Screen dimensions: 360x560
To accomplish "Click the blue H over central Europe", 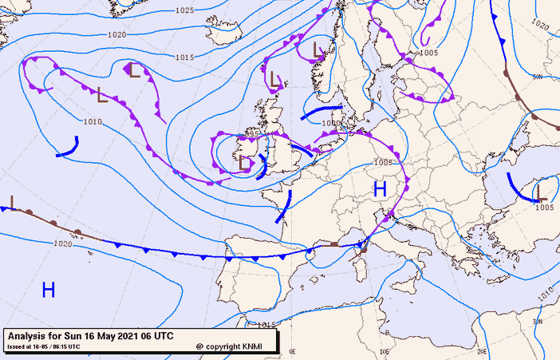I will [x=380, y=189].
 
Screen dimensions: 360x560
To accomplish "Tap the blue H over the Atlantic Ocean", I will [x=49, y=290].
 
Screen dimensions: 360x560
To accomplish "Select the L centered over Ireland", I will [x=246, y=163].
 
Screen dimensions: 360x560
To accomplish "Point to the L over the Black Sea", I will [x=540, y=191].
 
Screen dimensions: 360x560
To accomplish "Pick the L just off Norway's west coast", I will [x=317, y=50].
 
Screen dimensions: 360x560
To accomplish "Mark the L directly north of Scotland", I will [x=274, y=78].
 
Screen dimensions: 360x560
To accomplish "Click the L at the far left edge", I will [x=13, y=200].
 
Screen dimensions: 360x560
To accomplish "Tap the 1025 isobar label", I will [x=184, y=10].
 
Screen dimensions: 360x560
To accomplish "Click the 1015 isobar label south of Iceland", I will [x=185, y=57].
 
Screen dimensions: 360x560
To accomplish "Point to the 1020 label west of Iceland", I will [x=117, y=35].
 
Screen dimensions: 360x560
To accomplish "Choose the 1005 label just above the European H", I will [x=384, y=162].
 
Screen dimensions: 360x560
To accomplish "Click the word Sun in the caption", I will [x=76, y=336].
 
